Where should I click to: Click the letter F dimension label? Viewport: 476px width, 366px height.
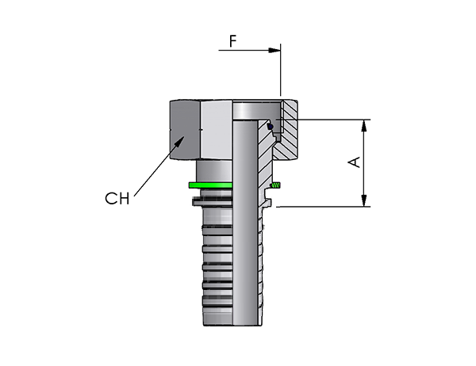232,41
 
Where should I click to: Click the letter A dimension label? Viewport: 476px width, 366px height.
354,162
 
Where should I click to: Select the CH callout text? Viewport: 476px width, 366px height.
117,199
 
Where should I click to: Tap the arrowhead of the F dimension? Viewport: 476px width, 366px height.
274,51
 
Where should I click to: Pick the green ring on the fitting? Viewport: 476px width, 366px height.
211,185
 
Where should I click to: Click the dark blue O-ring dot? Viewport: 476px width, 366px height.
270,126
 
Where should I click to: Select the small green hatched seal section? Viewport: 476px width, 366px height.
276,185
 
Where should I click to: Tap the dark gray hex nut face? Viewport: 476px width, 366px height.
185,130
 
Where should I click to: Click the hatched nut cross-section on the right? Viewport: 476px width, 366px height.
286,131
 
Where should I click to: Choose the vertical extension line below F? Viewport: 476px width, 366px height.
281,70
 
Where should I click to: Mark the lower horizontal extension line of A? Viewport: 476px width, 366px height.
324,207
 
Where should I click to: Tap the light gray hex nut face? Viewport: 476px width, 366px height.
217,130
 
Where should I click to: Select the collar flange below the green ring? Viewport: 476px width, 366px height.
213,201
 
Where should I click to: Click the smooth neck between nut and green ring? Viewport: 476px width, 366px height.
214,171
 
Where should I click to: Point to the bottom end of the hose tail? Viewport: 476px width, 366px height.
232,325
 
